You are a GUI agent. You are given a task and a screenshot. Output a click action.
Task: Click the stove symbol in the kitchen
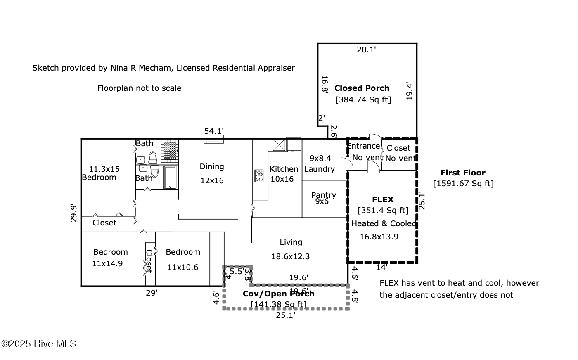point(259,176)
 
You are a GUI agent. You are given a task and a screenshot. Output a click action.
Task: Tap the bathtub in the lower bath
point(170,178)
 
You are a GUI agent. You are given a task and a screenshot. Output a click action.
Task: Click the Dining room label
point(212,166)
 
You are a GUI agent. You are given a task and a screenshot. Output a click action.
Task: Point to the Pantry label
point(324,195)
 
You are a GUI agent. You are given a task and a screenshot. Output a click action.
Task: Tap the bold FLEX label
point(383,199)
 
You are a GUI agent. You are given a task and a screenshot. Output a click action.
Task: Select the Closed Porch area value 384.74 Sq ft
point(363,99)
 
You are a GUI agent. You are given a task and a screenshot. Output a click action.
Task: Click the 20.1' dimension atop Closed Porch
point(366,50)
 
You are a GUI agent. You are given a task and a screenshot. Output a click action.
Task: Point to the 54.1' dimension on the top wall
point(214,131)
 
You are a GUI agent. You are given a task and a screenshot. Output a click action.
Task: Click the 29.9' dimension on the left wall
point(74,213)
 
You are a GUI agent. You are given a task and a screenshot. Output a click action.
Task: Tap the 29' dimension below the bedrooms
point(152,293)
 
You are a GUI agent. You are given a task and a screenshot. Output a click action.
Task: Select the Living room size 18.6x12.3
point(290,256)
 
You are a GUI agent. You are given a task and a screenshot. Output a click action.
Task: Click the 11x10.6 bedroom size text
point(182,267)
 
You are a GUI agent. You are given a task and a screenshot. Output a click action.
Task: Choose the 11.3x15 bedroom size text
point(104,169)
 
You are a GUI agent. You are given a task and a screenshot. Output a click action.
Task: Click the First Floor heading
point(463,173)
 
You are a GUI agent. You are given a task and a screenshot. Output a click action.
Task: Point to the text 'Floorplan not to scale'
point(139,88)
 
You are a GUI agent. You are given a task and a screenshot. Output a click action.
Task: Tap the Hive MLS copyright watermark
point(39,343)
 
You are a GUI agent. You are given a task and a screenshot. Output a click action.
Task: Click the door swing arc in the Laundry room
point(346,164)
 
